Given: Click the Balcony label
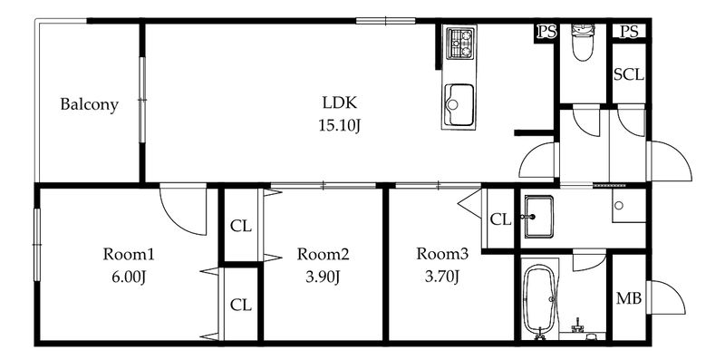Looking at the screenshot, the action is click(x=89, y=104).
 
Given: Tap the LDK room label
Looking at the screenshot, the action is click(x=339, y=102).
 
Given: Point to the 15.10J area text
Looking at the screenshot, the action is click(x=339, y=125).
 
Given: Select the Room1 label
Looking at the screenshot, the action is click(x=128, y=254).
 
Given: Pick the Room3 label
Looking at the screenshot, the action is click(x=442, y=254).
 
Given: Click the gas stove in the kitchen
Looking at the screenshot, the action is click(x=460, y=44).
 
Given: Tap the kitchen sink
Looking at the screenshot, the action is click(x=459, y=105).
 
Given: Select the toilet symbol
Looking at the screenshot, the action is click(x=582, y=42).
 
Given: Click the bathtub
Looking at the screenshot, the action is click(x=539, y=300).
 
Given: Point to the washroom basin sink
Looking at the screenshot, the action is click(x=538, y=217).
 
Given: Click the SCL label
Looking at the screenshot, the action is click(x=629, y=75).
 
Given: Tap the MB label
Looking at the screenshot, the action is click(x=629, y=299).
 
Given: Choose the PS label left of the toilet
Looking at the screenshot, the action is click(x=546, y=32).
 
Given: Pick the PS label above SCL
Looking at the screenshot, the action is click(x=629, y=32).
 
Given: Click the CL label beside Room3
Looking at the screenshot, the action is click(x=500, y=219).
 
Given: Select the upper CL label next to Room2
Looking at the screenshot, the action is click(x=241, y=227).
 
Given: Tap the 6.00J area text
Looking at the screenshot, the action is click(x=128, y=277).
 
